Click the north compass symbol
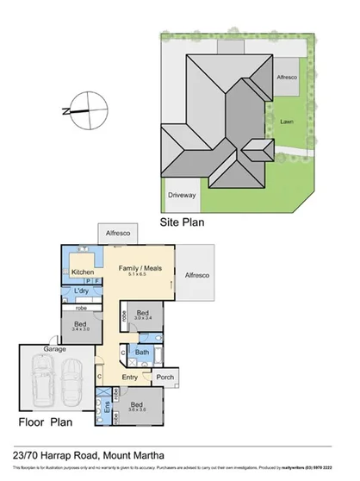click(84, 109)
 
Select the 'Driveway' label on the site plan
click(182, 195)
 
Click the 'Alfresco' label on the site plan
click(287, 77)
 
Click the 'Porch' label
click(164, 376)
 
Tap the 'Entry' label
click(130, 378)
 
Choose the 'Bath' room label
click(141, 352)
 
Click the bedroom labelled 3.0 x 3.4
click(143, 315)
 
